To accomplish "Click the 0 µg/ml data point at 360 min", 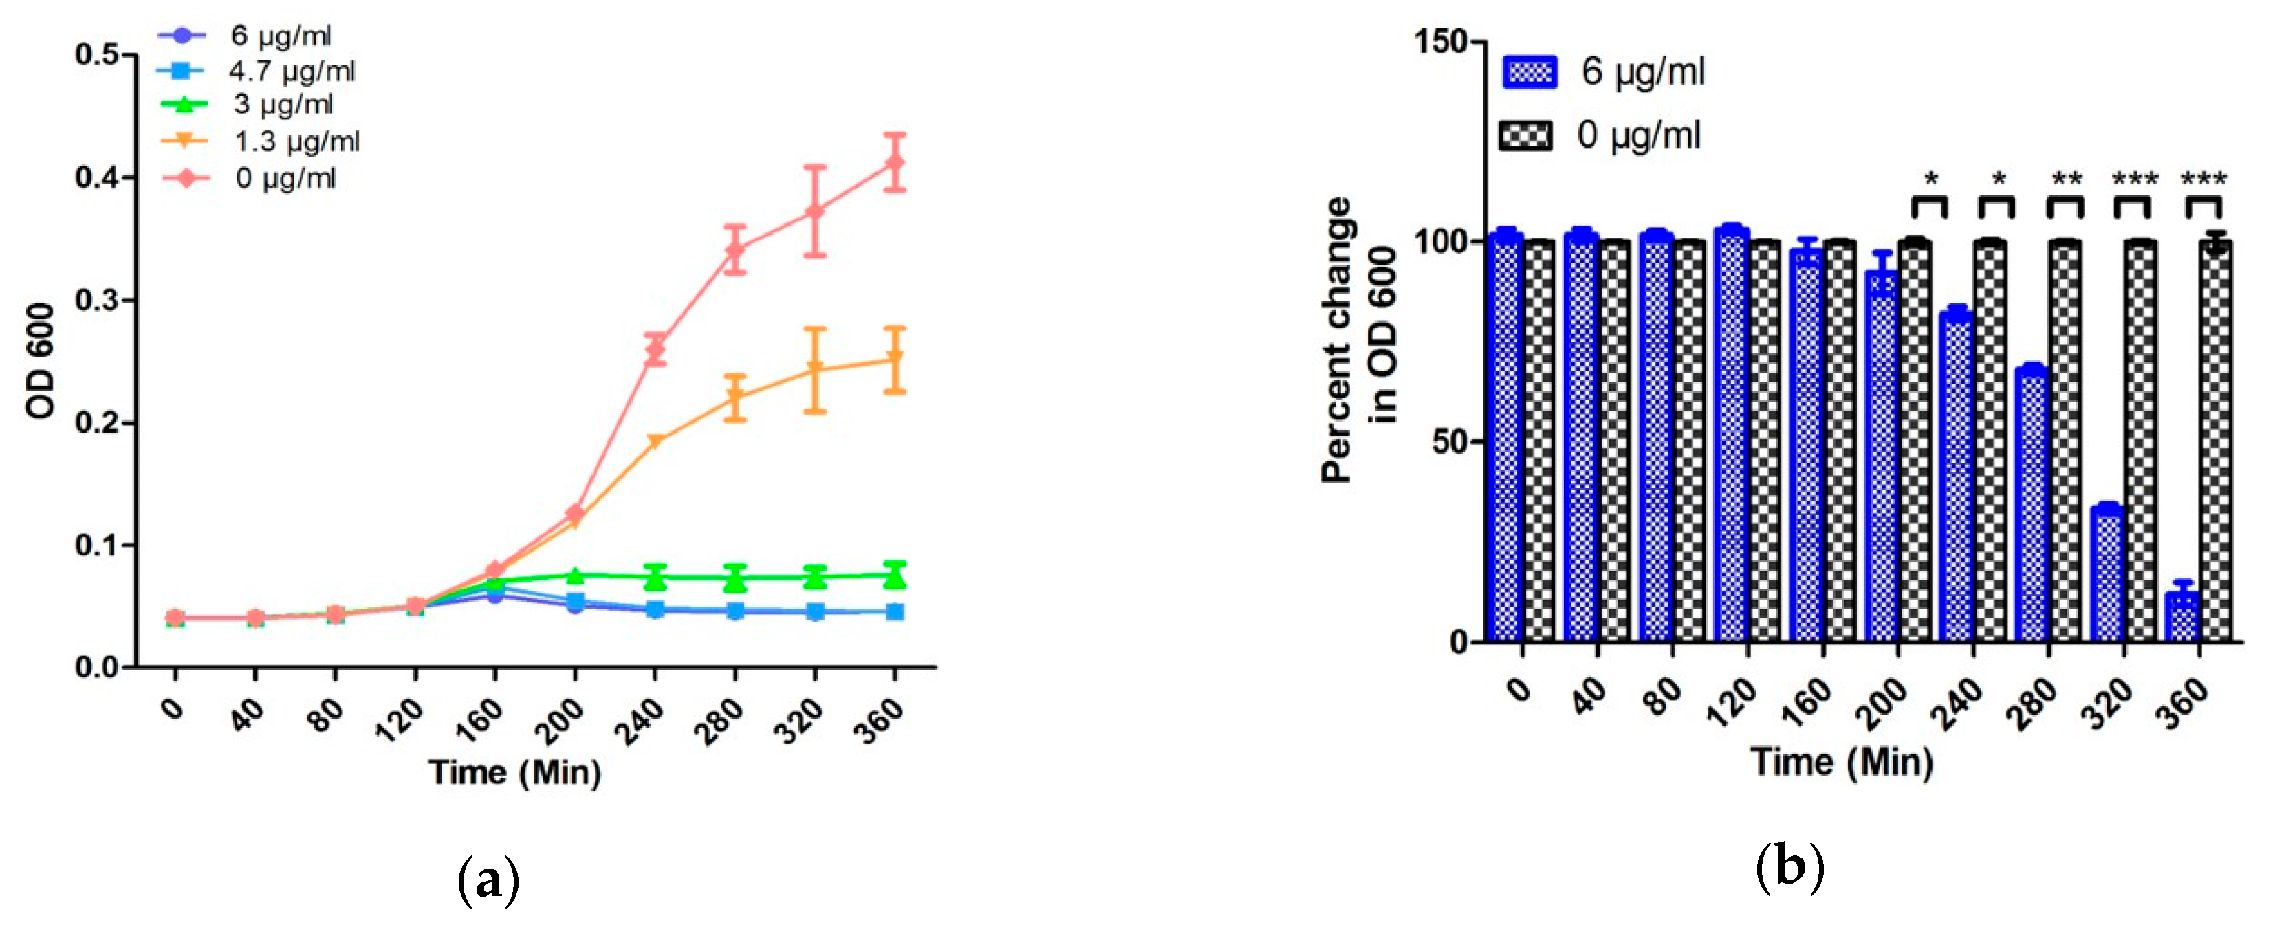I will (x=895, y=164).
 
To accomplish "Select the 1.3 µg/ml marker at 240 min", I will (x=655, y=441).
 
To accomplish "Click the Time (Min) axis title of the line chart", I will (x=515, y=772).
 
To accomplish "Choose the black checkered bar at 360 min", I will (x=2216, y=441).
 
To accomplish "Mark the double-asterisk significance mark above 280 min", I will (x=2067, y=180).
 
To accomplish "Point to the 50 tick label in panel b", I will (x=1448, y=441).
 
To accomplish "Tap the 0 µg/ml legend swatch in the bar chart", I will (x=1525, y=136).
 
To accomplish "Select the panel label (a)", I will (x=488, y=880).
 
